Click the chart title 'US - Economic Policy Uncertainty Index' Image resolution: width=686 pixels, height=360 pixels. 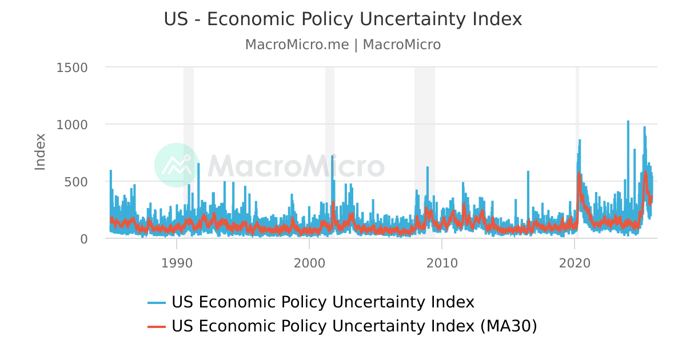pyautogui.click(x=343, y=19)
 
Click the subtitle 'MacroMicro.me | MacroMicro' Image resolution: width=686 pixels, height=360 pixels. pyautogui.click(x=343, y=45)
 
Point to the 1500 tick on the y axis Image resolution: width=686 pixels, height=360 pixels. pyautogui.click(x=72, y=67)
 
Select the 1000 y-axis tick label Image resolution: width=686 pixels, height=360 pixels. pyautogui.click(x=72, y=125)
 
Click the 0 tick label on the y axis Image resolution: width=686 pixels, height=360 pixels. pyautogui.click(x=83, y=239)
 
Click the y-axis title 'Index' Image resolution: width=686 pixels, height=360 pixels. pyautogui.click(x=40, y=151)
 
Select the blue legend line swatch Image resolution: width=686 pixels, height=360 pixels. pyautogui.click(x=157, y=302)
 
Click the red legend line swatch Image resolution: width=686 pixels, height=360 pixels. pyautogui.click(x=157, y=326)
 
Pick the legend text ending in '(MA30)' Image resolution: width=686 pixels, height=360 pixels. pyautogui.click(x=354, y=326)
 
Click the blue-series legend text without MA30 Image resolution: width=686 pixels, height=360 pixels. pyautogui.click(x=323, y=302)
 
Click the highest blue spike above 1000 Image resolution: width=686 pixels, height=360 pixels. pyautogui.click(x=628, y=122)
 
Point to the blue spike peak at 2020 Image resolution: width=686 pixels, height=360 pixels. pyautogui.click(x=580, y=141)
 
